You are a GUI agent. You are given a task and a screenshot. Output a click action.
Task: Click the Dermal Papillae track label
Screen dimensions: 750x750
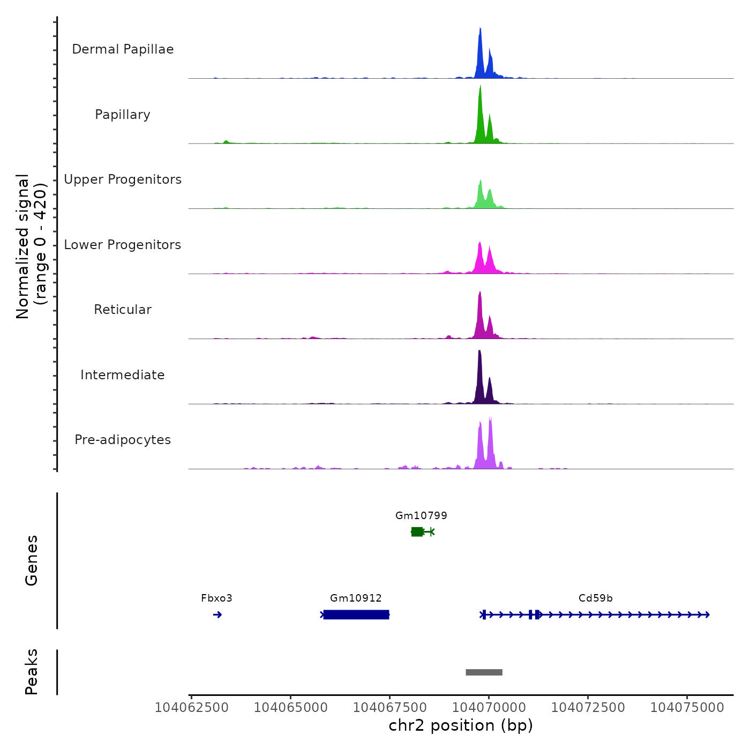pos(123,49)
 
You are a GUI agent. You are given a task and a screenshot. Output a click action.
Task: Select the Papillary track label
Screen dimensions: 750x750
pos(123,115)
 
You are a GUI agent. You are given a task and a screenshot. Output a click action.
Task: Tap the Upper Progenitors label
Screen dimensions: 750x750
pos(123,179)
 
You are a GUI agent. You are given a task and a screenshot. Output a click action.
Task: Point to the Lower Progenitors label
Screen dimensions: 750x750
pos(123,245)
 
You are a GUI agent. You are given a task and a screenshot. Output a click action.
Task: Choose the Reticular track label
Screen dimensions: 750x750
pos(123,310)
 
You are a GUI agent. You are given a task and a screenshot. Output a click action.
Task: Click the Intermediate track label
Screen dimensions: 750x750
pos(123,375)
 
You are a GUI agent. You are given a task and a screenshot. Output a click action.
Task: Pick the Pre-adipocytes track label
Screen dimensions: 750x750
pos(123,440)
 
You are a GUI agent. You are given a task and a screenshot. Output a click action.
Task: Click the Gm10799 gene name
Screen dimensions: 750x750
pos(421,515)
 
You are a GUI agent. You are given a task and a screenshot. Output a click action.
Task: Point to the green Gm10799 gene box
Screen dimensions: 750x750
pos(417,531)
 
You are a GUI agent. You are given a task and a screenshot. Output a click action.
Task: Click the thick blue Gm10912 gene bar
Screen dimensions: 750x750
pos(356,614)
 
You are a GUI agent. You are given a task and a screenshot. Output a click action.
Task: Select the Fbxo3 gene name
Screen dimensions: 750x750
pos(216,598)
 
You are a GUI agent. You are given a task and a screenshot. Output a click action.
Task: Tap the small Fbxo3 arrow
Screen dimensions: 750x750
pos(217,614)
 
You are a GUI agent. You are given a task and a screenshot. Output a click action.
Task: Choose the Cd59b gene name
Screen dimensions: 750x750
pos(595,598)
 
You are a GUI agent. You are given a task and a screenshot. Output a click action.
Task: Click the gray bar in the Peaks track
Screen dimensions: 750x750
pos(484,672)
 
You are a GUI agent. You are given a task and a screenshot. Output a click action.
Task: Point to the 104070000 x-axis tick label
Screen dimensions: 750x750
pos(489,708)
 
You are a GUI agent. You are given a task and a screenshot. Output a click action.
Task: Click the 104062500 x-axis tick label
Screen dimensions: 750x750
pos(191,708)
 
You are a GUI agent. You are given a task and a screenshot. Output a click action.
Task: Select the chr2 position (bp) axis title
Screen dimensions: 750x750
pos(461,725)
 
